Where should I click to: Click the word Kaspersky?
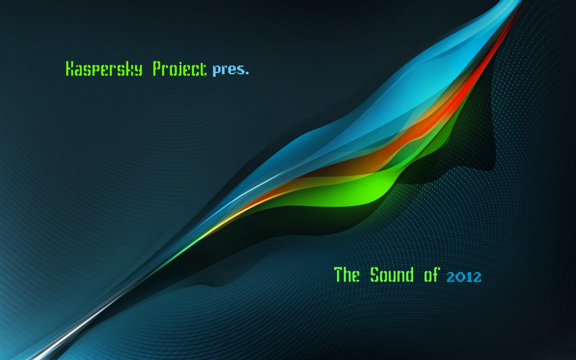tap(104, 69)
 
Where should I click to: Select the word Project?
tap(180, 69)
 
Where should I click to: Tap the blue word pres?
tap(231, 70)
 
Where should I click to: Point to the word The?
tap(346, 274)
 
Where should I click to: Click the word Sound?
tap(392, 274)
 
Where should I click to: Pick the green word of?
tap(432, 274)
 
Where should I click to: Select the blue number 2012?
tap(464, 277)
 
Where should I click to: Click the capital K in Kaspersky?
tap(70, 69)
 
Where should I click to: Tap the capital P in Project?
tap(157, 69)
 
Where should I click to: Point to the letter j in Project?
tap(180, 69)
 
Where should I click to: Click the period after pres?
tap(247, 73)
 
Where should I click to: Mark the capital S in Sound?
tap(375, 274)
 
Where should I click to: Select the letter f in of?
tap(436, 274)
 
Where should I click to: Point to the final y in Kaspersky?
tap(138, 70)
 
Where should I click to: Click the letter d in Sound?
tap(410, 274)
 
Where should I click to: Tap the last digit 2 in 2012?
tap(477, 277)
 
